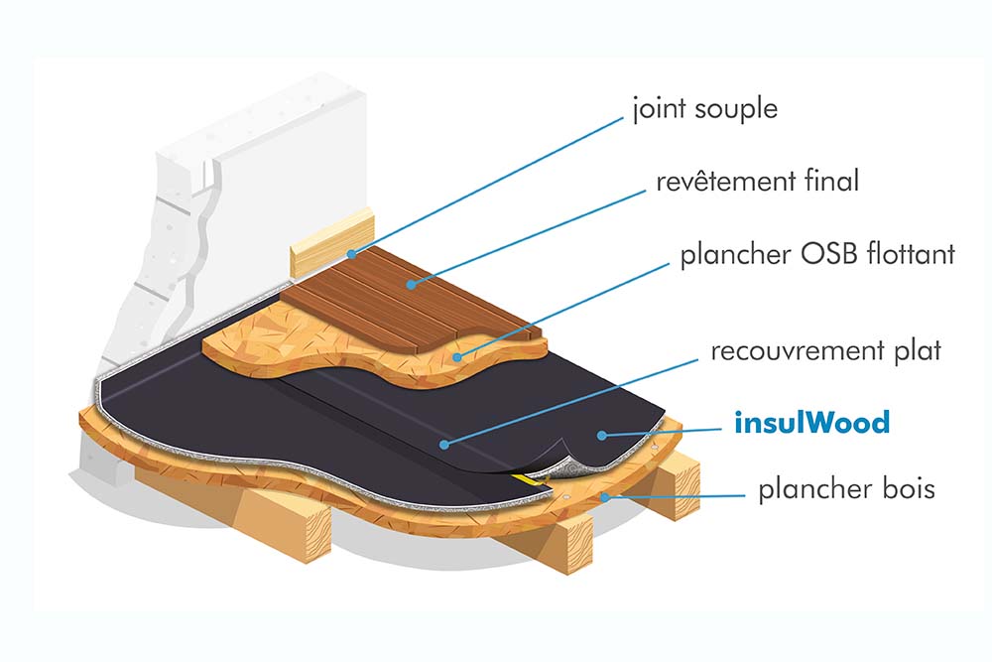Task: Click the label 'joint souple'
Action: [704, 108]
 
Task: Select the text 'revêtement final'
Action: [757, 182]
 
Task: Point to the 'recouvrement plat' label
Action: [809, 351]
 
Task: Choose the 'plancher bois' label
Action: [846, 489]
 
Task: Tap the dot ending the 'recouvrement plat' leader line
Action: [445, 444]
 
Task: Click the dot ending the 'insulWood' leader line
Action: [601, 434]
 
